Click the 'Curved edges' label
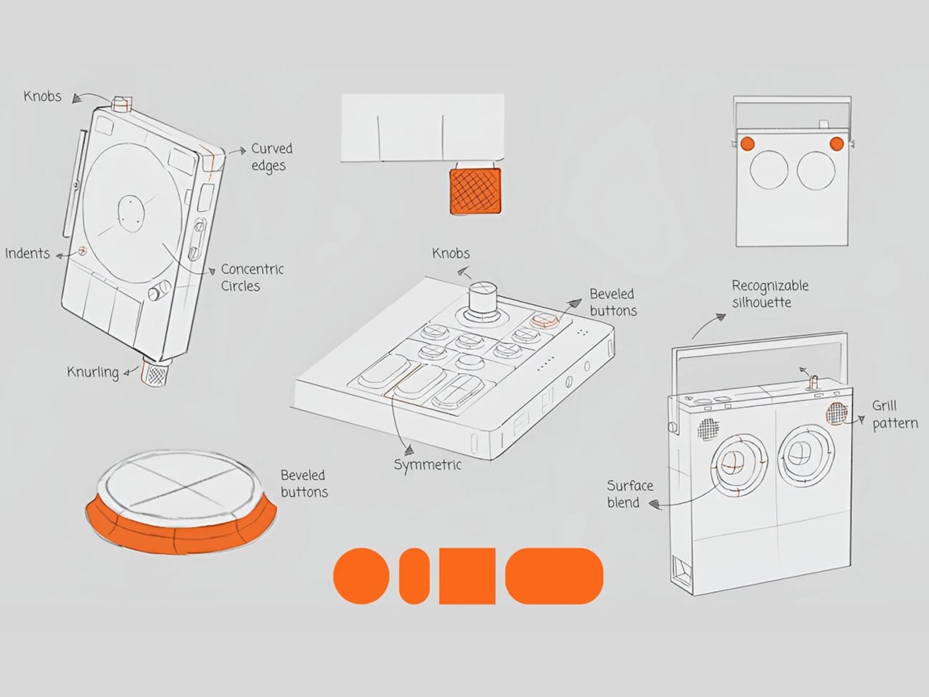point(271,157)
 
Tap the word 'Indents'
point(28,253)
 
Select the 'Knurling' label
point(92,372)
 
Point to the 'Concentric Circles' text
point(251,277)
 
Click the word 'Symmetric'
point(427,465)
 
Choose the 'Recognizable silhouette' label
point(769,293)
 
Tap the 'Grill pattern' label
point(894,415)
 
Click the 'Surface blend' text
point(629,494)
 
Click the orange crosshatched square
point(475,191)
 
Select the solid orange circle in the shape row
point(360,576)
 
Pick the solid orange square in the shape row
point(467,576)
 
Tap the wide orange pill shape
point(554,576)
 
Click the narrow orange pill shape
point(414,576)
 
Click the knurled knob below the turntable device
point(157,374)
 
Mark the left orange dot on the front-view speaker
point(748,143)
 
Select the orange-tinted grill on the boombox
point(837,413)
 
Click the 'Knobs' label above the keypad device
point(451,253)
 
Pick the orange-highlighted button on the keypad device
point(542,320)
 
